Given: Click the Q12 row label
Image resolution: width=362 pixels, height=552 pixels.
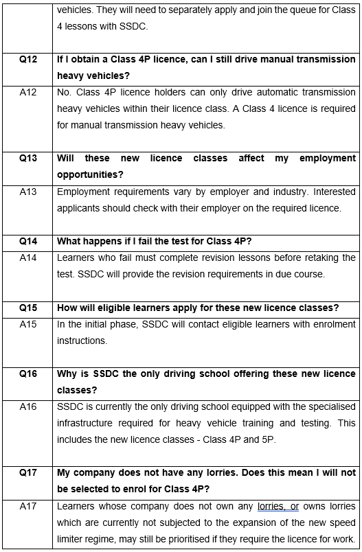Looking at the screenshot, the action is tap(28, 60).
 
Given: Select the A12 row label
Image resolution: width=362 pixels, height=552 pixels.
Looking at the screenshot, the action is tap(28, 93).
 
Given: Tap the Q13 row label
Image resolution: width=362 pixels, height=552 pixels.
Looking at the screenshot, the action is tap(28, 159).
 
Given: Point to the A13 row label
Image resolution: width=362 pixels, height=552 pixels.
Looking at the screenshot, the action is tap(28, 192).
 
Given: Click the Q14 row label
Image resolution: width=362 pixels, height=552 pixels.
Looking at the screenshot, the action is tap(28, 241).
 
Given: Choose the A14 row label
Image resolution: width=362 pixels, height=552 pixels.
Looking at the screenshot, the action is tap(28, 257).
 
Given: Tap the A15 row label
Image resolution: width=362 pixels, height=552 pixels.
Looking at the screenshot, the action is tap(28, 324).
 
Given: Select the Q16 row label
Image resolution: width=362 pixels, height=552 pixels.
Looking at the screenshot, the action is tap(28, 373).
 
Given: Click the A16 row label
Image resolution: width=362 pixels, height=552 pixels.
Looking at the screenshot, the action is tap(28, 406).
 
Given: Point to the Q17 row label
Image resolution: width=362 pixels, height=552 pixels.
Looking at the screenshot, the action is tap(28, 472).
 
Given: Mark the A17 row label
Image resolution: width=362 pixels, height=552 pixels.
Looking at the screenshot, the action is tap(28, 506).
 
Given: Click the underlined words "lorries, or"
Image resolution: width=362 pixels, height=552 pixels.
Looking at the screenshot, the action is tap(278, 506).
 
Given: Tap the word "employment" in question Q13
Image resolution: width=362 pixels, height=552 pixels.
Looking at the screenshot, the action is tap(328, 159).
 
